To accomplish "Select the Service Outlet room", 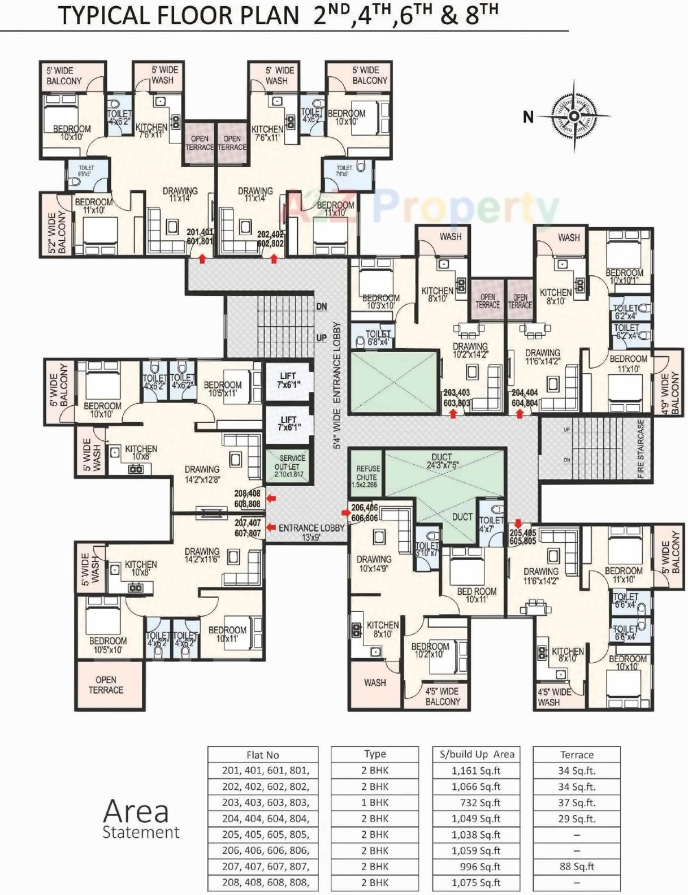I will [x=289, y=466].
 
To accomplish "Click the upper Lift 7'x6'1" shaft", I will [x=288, y=380].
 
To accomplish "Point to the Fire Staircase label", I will [x=641, y=449].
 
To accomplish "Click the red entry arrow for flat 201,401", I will [x=202, y=259].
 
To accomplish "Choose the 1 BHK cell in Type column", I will [x=375, y=802].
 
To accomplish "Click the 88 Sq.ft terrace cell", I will [x=576, y=866].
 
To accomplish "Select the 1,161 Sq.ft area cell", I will [x=476, y=771].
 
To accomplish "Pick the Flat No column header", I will [x=263, y=755].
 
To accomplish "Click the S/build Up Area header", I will [x=477, y=754].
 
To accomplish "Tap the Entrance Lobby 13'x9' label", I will [x=311, y=532].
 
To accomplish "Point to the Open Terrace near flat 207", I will [x=106, y=685].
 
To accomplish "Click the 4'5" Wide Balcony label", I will [x=442, y=696].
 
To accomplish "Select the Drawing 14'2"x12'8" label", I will [x=202, y=474].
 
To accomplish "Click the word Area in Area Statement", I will [x=136, y=811].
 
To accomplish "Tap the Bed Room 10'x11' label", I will [x=477, y=595].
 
